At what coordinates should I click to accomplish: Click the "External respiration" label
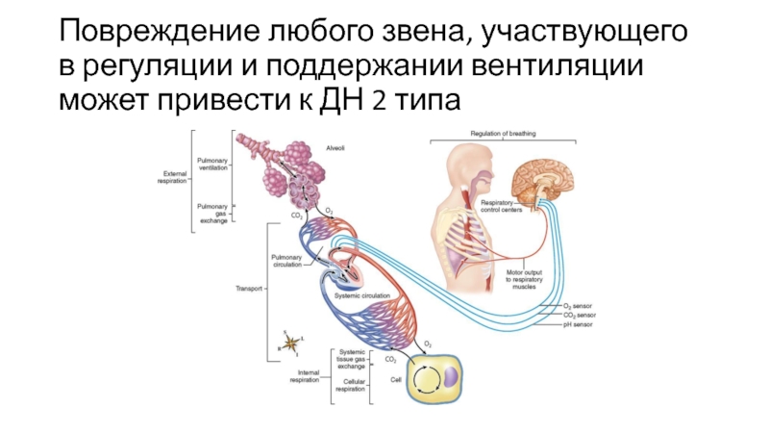(172, 177)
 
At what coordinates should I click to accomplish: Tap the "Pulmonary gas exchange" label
(212, 214)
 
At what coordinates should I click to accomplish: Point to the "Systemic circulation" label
(364, 296)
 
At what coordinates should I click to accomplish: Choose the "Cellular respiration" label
(350, 385)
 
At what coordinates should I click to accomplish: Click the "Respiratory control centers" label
(501, 207)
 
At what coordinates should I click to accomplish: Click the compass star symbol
(287, 338)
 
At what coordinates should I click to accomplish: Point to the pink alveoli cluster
(288, 168)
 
